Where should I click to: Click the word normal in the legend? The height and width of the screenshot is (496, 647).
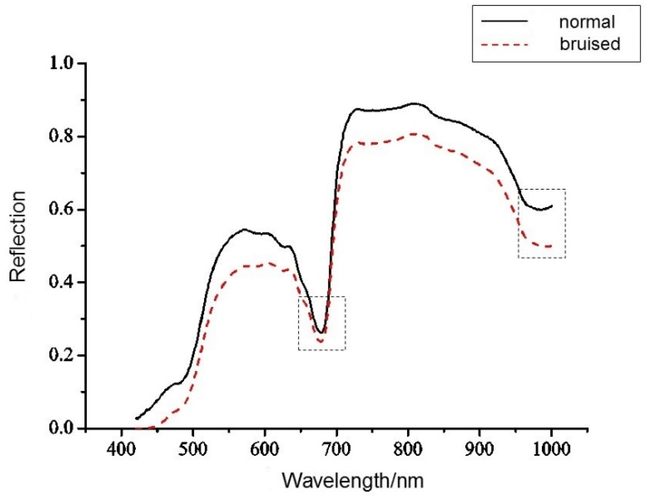coord(587,22)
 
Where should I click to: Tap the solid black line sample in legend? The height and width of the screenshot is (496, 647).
coord(505,21)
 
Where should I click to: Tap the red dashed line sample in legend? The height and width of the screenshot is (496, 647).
coord(505,45)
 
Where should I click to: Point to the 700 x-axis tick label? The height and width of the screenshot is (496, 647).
coord(336,449)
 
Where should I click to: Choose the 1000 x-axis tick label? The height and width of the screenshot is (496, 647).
coord(551,449)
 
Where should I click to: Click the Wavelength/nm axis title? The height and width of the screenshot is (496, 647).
coord(353,481)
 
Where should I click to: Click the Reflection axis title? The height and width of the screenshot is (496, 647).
coord(18,236)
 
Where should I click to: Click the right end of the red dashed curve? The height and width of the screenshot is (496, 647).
coord(551,246)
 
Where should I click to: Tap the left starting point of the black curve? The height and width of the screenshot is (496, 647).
coord(136,418)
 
